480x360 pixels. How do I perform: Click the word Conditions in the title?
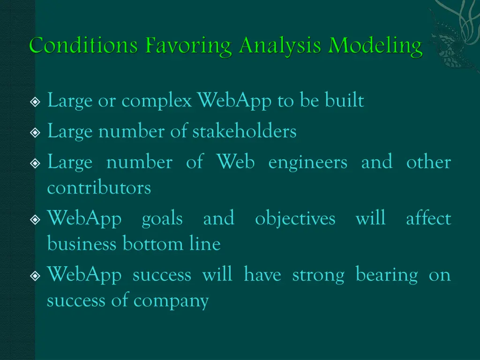click(84, 46)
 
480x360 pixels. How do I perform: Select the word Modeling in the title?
click(375, 46)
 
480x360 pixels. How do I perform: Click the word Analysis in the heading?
click(280, 46)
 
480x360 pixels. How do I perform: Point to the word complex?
click(157, 101)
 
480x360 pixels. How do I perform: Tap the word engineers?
click(308, 163)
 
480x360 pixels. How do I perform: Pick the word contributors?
click(99, 188)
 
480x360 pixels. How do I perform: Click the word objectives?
click(295, 219)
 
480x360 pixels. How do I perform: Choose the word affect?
click(428, 218)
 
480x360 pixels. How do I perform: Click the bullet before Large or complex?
click(35, 102)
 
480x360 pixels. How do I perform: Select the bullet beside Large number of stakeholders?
click(35, 133)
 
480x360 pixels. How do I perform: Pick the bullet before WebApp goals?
click(35, 219)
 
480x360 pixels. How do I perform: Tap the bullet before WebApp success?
click(35, 276)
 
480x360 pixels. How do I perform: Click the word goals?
click(162, 219)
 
